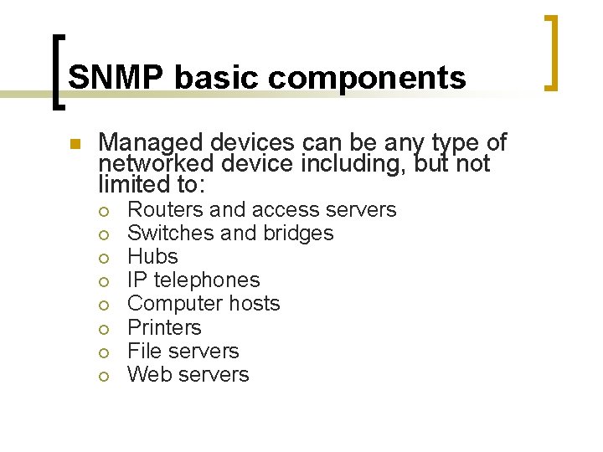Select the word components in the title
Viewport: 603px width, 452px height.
[x=367, y=78]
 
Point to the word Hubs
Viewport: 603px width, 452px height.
[x=152, y=256]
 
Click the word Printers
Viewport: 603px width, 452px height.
[x=164, y=327]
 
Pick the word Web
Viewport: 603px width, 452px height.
[x=147, y=374]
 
